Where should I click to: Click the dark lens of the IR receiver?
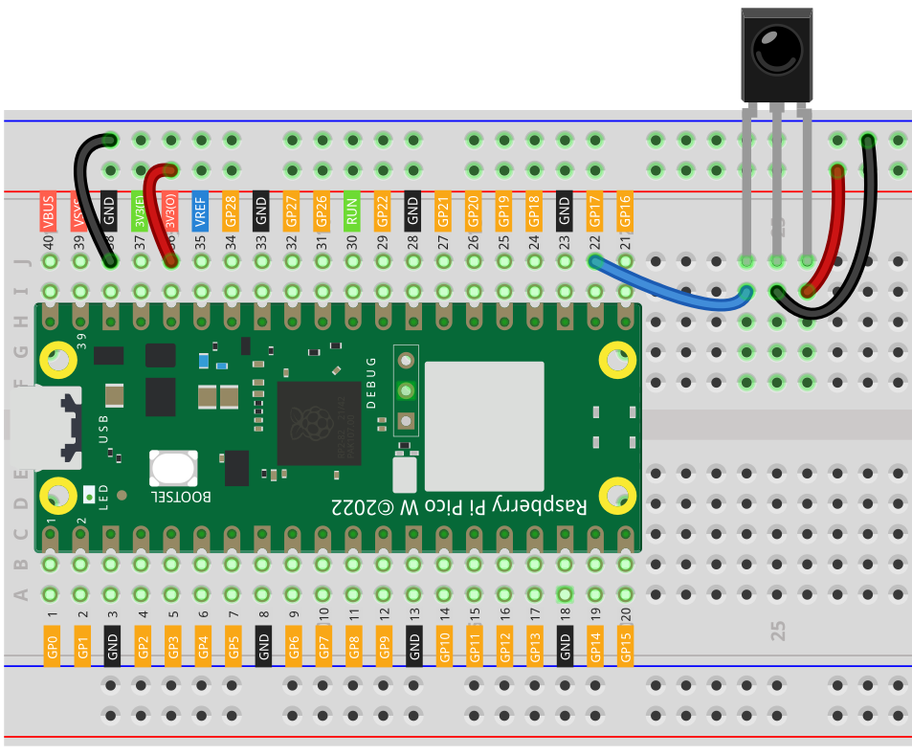point(776,46)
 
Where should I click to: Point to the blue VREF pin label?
point(200,209)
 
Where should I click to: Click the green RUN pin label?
point(352,209)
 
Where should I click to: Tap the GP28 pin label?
point(231,210)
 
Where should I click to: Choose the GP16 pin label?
point(626,210)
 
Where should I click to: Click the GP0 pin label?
point(52,644)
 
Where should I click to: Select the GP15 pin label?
point(626,644)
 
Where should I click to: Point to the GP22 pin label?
point(383,210)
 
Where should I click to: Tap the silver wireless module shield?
point(484,425)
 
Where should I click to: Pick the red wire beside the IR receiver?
point(834,230)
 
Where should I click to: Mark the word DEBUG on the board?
point(372,382)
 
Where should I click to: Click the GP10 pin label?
point(444,644)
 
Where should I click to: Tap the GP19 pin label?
point(504,210)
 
